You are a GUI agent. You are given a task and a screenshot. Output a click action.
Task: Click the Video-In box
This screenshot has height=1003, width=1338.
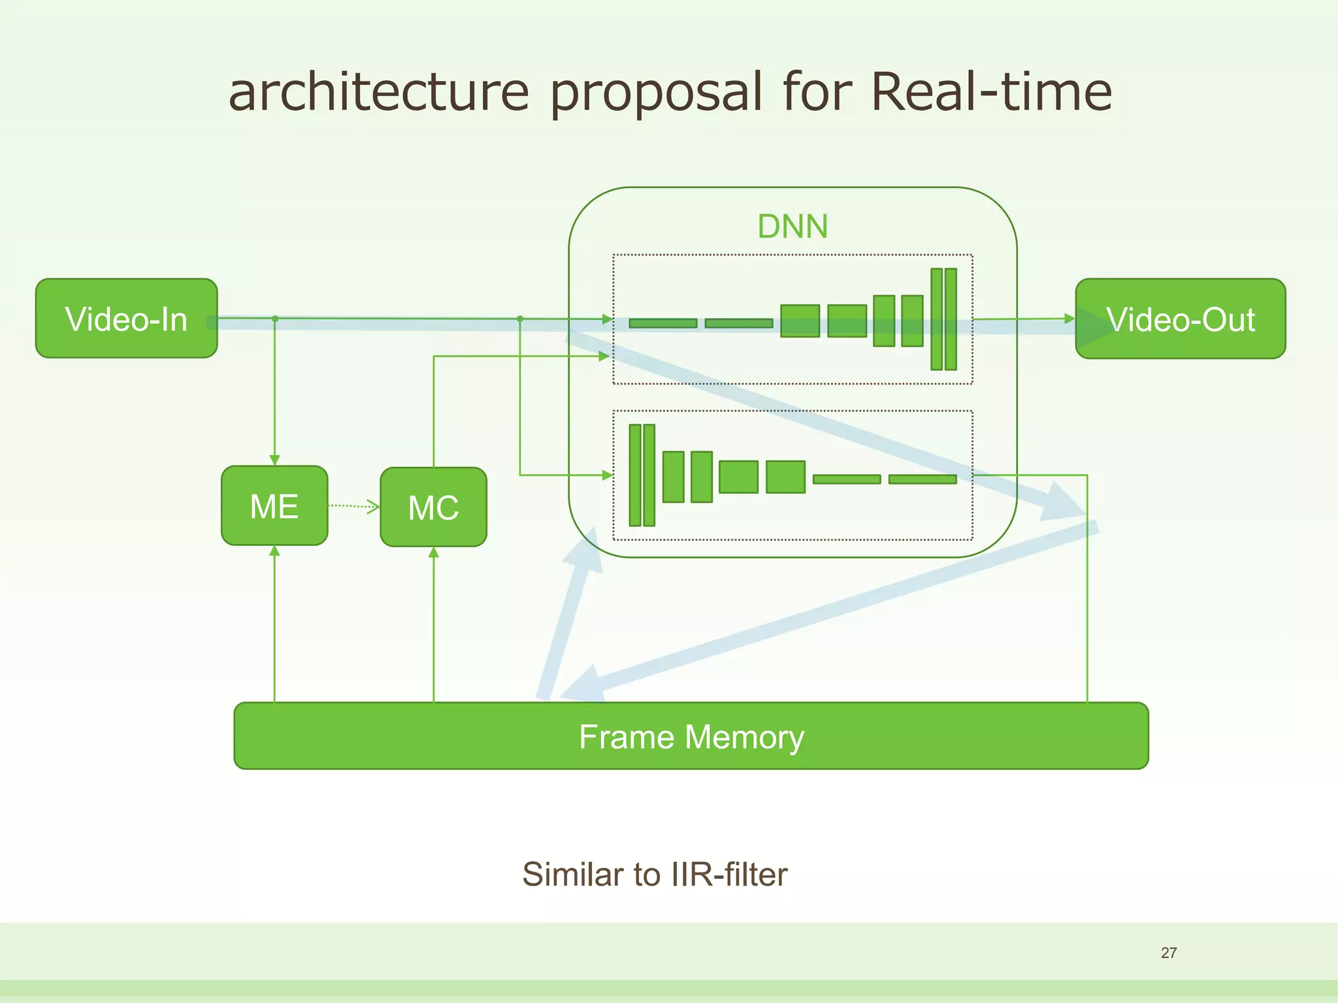[126, 319]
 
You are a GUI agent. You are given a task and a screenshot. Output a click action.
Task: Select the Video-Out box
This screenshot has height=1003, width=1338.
[1180, 319]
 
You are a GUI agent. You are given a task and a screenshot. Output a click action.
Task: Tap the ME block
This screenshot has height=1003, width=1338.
[274, 506]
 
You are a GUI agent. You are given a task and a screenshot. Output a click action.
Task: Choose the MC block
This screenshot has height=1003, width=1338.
[433, 507]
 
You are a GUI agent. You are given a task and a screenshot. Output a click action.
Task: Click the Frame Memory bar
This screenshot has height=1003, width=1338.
[691, 736]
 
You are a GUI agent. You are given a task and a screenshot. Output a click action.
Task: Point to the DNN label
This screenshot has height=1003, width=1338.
[792, 227]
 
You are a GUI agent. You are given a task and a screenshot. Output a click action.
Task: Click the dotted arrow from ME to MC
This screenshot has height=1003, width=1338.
[353, 506]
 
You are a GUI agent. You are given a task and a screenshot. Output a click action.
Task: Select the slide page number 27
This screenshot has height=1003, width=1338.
[1168, 953]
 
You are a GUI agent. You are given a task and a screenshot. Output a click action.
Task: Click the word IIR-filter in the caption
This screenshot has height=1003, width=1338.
[729, 874]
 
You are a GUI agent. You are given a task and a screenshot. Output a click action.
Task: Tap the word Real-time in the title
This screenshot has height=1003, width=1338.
[990, 91]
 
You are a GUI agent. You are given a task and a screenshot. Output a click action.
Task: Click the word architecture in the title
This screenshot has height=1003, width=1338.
[378, 91]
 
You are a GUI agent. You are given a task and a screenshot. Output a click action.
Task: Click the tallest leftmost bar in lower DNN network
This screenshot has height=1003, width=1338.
[634, 475]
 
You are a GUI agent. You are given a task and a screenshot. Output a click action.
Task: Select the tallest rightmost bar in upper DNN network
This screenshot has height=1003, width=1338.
[951, 319]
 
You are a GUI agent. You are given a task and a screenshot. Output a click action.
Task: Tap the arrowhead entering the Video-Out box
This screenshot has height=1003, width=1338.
[1069, 319]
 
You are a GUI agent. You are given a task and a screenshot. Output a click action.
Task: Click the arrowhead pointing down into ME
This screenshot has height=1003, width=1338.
[274, 460]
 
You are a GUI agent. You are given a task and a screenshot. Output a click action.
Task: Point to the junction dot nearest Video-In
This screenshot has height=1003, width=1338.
[275, 319]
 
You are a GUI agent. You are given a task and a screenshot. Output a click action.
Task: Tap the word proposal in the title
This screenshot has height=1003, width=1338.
[655, 91]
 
